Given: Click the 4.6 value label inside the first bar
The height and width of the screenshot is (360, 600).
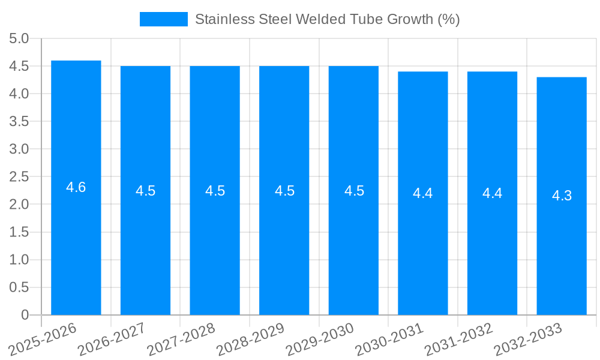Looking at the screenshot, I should [76, 187].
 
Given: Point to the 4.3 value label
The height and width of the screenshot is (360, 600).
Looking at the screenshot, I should [562, 196].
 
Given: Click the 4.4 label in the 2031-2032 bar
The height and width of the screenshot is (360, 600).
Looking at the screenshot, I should [493, 193].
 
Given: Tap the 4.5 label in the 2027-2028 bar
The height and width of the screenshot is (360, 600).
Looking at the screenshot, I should [215, 191].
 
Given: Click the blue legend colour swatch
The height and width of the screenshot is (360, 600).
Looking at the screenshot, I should [163, 19].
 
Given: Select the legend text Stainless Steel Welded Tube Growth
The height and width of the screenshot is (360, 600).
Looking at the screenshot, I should [328, 19].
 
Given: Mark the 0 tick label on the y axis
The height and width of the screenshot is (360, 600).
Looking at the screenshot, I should [25, 315].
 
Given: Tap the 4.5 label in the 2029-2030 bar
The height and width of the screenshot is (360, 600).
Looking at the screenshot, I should [354, 191].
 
